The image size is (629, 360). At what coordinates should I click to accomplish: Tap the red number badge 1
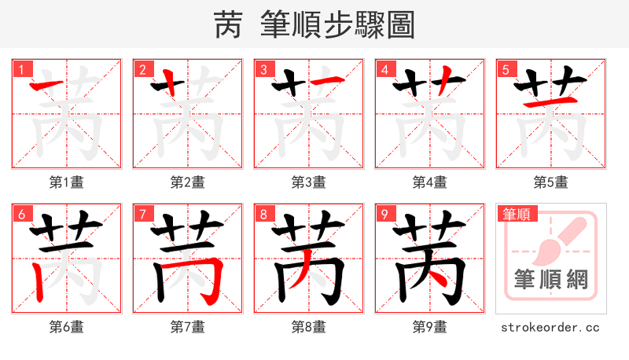(x=20, y=68)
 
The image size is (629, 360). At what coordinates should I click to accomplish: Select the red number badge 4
(x=384, y=68)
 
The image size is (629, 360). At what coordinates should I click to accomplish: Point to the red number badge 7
(x=142, y=213)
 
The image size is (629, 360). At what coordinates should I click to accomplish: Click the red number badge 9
(x=384, y=213)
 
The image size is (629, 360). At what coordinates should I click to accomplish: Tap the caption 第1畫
(x=66, y=182)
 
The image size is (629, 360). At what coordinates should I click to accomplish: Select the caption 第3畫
(x=308, y=182)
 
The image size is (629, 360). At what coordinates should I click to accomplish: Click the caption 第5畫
(x=550, y=182)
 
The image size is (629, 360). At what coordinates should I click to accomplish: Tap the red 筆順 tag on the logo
(x=517, y=213)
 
